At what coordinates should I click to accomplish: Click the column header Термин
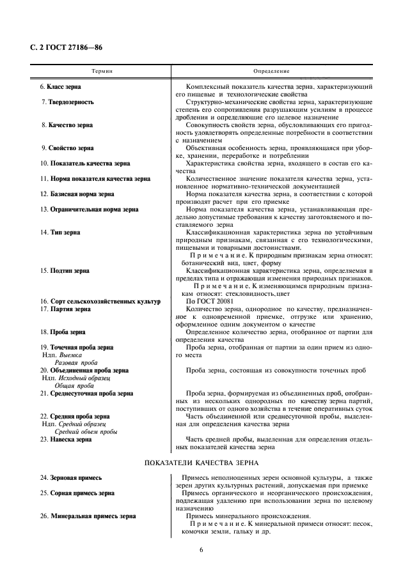pyautogui.click(x=102, y=71)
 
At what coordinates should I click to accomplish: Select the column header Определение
pyautogui.click(x=271, y=71)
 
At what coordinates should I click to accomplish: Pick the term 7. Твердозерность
pyautogui.click(x=67, y=102)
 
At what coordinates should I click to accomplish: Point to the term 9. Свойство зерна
pyautogui.click(x=67, y=148)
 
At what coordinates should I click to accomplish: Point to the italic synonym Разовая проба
pyautogui.click(x=74, y=362)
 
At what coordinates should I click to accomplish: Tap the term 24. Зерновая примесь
pyautogui.click(x=70, y=477)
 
